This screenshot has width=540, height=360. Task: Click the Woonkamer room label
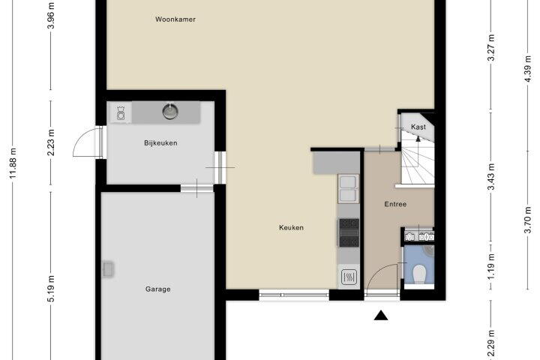click(175, 19)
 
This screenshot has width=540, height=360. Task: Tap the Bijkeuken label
click(160, 143)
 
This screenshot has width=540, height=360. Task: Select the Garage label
click(157, 289)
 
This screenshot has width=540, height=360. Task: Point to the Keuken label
click(291, 227)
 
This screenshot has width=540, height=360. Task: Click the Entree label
click(395, 204)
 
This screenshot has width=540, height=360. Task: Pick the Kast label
click(418, 127)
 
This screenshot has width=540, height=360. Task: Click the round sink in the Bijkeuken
click(170, 111)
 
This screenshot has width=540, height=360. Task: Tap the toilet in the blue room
click(419, 274)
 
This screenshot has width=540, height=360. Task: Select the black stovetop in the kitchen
click(349, 233)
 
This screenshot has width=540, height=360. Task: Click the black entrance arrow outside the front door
click(381, 315)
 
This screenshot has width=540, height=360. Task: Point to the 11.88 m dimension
click(13, 163)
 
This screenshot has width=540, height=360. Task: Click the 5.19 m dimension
click(51, 289)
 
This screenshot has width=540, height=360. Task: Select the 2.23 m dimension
click(51, 142)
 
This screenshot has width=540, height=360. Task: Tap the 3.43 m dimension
click(491, 176)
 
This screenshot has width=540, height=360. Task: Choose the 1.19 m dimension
click(491, 267)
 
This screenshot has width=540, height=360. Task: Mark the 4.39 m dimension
click(527, 68)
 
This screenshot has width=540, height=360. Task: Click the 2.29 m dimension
click(491, 343)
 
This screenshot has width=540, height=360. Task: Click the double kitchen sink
click(348, 189)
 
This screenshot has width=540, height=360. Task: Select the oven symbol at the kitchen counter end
click(349, 277)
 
